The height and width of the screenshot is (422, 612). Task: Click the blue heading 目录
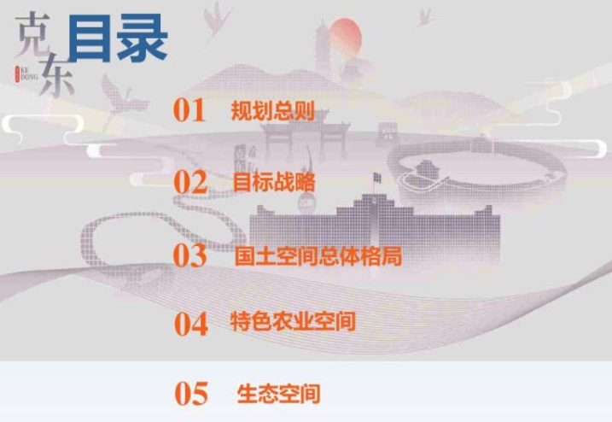tap(118, 38)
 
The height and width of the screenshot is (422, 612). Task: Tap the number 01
tap(189, 110)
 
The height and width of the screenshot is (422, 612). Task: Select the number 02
tap(190, 182)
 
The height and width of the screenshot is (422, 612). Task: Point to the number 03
tap(189, 255)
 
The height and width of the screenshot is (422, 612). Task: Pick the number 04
tap(191, 324)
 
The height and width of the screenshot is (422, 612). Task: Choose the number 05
tap(191, 394)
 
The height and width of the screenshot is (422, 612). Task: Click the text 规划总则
tap(273, 110)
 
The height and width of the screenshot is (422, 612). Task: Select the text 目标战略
tap(274, 182)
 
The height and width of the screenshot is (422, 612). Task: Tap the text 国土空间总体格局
tap(318, 256)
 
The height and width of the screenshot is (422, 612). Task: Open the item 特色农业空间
tap(293, 321)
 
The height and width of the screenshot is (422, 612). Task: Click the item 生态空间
tap(278, 394)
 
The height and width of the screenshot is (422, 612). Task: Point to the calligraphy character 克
tap(32, 34)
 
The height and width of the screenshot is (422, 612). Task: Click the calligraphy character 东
tap(56, 76)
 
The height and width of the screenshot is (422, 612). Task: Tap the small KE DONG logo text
tap(27, 73)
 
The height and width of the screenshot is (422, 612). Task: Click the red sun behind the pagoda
tap(345, 40)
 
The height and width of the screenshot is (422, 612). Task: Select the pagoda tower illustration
tap(323, 46)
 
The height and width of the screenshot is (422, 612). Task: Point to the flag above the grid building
tap(377, 178)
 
